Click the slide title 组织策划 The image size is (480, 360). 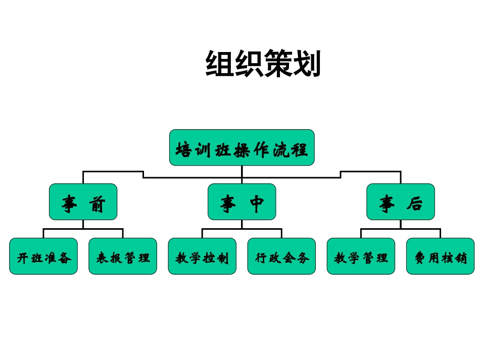pyautogui.click(x=263, y=64)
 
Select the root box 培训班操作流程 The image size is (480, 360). pyautogui.click(x=242, y=147)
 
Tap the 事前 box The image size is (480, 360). pyautogui.click(x=83, y=202)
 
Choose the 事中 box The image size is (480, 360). pyautogui.click(x=242, y=202)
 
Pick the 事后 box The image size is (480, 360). pyautogui.click(x=400, y=202)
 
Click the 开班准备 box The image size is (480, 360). pyautogui.click(x=43, y=256)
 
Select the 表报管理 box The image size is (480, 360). pyautogui.click(x=123, y=256)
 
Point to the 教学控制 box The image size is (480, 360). pyautogui.click(x=202, y=256)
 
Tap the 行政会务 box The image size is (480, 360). pyautogui.click(x=281, y=256)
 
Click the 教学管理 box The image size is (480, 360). pyautogui.click(x=361, y=256)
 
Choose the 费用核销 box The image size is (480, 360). pyautogui.click(x=440, y=256)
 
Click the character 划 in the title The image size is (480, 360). pyautogui.click(x=307, y=64)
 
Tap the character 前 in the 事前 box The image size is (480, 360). pyautogui.click(x=97, y=203)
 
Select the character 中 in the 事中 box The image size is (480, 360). pyautogui.click(x=257, y=203)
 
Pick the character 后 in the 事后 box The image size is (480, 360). pyautogui.click(x=415, y=203)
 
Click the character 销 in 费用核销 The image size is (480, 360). pyautogui.click(x=460, y=258)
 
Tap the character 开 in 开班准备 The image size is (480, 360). pyautogui.click(x=23, y=258)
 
